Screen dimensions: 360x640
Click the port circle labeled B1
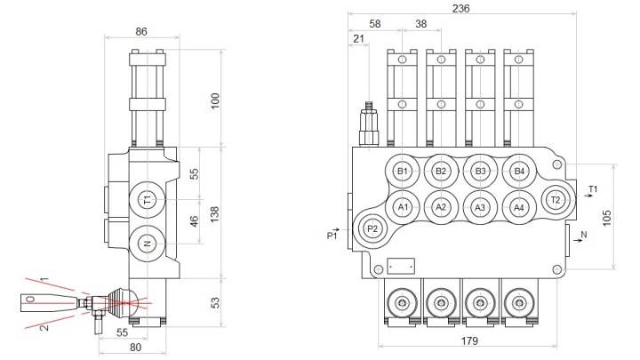point(403,171)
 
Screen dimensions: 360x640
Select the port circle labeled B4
point(520,171)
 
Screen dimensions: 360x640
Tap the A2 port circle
point(441,207)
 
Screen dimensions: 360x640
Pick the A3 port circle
point(480,207)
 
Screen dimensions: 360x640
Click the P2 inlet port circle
point(373,229)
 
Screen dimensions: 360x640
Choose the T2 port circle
point(556,199)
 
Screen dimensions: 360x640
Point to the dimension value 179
point(470,340)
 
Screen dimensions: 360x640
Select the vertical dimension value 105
point(608,217)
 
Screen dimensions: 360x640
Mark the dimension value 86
point(140,31)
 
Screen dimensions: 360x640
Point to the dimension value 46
point(196,222)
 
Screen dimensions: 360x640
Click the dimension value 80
point(136,348)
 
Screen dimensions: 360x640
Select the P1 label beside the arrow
point(332,236)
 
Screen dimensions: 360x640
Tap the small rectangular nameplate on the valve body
point(401,265)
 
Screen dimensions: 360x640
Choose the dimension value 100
point(214,100)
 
